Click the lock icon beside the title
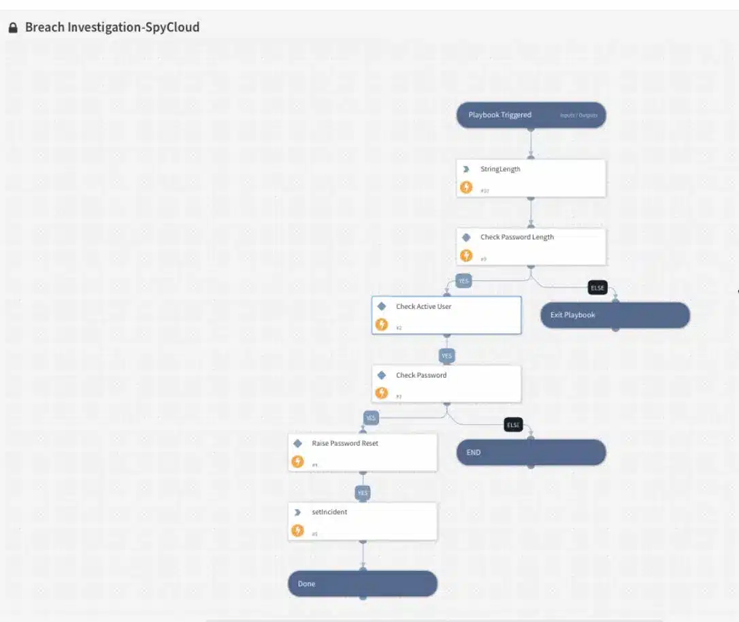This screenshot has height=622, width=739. [x=12, y=28]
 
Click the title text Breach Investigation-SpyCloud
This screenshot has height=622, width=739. [x=112, y=28]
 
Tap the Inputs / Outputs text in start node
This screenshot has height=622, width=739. [x=578, y=116]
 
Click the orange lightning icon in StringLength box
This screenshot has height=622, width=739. [x=466, y=187]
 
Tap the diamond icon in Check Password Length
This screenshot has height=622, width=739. [x=466, y=238]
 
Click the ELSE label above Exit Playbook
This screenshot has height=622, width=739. [x=597, y=288]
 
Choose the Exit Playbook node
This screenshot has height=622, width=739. [x=615, y=315]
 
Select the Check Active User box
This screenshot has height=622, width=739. [x=446, y=315]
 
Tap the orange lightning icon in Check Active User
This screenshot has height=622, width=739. [x=382, y=325]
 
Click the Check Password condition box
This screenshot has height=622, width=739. [x=446, y=384]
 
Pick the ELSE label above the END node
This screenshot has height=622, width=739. [x=513, y=425]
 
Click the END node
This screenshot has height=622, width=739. [x=531, y=453]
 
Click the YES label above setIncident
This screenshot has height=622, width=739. [x=363, y=493]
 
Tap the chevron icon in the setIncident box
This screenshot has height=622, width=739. [x=297, y=512]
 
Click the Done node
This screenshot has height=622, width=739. [x=362, y=584]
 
